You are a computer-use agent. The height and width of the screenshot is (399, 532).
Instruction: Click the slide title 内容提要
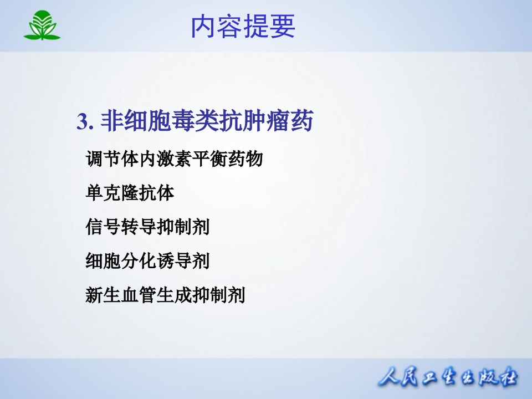243,27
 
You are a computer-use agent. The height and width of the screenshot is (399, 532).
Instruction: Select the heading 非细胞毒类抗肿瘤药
207,121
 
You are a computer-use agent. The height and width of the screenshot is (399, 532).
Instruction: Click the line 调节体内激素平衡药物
174,160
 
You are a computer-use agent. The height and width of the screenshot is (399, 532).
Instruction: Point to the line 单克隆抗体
130,193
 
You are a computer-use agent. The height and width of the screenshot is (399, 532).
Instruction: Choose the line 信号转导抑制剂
147,227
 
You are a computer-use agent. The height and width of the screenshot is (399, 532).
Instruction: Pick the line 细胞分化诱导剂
147,260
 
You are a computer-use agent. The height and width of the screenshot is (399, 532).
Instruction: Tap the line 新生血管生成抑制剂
165,294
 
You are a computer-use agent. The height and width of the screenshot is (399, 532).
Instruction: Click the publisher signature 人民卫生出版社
448,378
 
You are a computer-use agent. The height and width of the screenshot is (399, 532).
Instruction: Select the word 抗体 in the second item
165,193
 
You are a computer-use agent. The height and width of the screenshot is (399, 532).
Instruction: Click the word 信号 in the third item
103,227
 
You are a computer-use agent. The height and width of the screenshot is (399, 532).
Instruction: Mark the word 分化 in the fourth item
147,260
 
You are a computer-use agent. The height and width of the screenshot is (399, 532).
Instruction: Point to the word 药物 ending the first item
244,160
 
